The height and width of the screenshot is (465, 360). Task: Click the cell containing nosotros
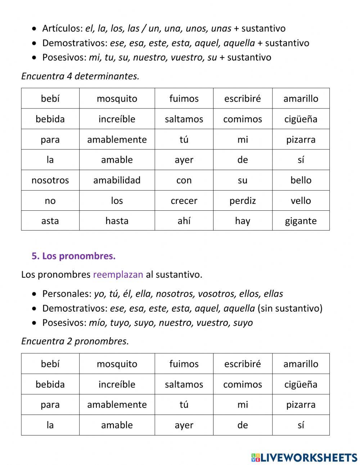point(50,180)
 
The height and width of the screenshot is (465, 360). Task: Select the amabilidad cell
point(117,180)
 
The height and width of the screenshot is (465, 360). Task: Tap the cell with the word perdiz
point(242,201)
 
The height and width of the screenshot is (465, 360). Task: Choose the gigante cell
point(301,221)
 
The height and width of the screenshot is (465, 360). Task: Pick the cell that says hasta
point(117,221)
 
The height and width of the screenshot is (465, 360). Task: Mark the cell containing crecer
point(184,201)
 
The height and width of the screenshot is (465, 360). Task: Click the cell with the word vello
point(301,201)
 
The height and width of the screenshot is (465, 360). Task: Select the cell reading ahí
point(184,221)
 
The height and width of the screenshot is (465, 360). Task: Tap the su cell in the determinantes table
point(242,180)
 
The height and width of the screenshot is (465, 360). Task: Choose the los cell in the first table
point(117,201)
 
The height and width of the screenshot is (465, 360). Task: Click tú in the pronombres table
point(184,404)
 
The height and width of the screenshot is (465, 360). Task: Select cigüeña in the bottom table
point(301,384)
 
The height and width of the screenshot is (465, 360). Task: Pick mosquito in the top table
point(117,99)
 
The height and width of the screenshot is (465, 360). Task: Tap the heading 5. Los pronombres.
point(73,256)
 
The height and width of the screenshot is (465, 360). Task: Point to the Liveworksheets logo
point(304,457)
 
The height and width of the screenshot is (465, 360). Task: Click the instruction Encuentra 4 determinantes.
point(80,76)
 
